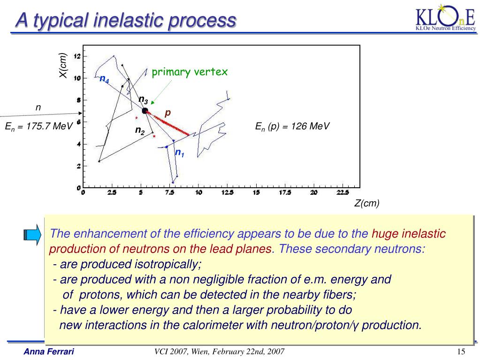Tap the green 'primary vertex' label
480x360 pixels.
190,72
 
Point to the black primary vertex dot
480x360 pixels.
145,111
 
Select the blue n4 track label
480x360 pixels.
104,79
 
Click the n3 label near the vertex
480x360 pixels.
143,100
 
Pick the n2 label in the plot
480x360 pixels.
140,130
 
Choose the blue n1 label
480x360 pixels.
180,153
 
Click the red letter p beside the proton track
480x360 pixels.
168,113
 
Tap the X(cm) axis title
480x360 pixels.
63,66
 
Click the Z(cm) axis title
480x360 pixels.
366,203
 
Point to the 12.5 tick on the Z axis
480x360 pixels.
228,192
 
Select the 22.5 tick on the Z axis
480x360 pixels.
343,192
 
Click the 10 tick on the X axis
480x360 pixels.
77,78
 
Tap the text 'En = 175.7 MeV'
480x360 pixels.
38,126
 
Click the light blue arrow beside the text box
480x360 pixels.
32,234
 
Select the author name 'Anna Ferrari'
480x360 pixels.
49,352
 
